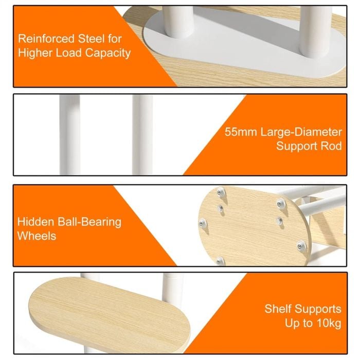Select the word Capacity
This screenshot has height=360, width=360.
(x=108, y=53)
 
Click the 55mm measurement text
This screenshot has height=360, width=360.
(x=241, y=132)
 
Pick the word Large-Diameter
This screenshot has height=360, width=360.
(x=301, y=132)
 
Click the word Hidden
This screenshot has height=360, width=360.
(x=36, y=222)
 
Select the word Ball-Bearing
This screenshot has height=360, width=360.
(x=89, y=223)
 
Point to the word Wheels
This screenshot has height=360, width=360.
(x=37, y=236)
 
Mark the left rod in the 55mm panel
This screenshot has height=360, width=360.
(x=70, y=135)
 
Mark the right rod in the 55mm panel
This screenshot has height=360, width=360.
(x=142, y=135)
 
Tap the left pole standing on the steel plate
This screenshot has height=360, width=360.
(x=178, y=22)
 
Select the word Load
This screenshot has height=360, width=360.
(x=69, y=53)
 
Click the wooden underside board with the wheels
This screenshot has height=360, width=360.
(x=253, y=226)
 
